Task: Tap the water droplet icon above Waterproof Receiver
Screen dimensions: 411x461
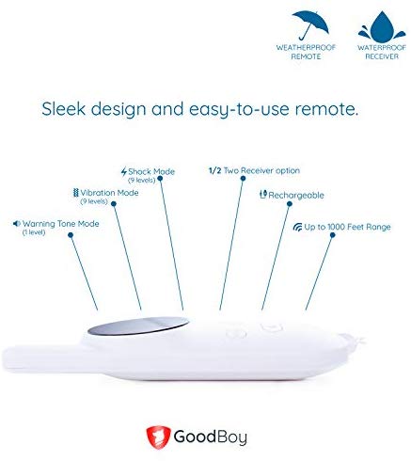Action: [382, 27]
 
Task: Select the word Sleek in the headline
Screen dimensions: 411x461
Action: [64, 109]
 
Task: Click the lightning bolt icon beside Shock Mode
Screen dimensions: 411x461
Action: [124, 171]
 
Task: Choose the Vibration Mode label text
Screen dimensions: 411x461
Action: [109, 193]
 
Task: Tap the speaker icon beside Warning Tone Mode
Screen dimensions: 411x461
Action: [17, 224]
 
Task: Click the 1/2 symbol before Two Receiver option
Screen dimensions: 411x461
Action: [215, 170]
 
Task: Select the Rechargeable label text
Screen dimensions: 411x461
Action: [296, 196]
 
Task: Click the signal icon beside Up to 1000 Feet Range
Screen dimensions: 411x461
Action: [297, 227]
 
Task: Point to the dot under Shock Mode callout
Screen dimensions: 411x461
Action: [160, 179]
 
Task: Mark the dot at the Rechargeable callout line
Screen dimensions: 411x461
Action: [290, 204]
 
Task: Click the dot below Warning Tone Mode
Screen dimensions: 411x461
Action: [71, 235]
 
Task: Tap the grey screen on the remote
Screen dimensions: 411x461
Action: [138, 326]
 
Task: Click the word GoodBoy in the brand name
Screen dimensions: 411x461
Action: [211, 437]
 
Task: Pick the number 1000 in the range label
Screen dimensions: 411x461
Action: [336, 227]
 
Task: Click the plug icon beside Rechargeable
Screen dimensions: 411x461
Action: [263, 195]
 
